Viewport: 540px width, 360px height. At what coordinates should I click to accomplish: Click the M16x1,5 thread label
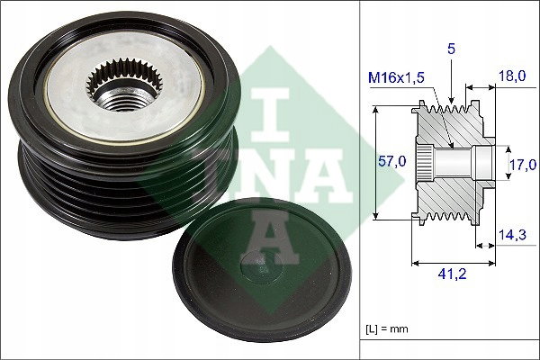pyautogui.click(x=396, y=78)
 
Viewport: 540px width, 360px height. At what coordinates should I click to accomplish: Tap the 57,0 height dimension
pyautogui.click(x=392, y=161)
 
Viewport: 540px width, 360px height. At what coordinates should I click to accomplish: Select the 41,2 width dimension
pyautogui.click(x=452, y=274)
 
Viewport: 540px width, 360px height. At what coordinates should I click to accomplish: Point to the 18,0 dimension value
pyautogui.click(x=512, y=76)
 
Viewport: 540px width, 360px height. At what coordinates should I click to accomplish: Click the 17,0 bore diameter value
pyautogui.click(x=523, y=165)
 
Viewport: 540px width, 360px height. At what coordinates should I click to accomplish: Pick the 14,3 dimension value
pyautogui.click(x=512, y=235)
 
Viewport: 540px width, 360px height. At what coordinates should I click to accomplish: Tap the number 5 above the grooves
pyautogui.click(x=451, y=49)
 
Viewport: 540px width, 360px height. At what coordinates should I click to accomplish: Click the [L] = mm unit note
pyautogui.click(x=387, y=329)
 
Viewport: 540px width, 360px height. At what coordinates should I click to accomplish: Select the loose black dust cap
pyautogui.click(x=262, y=270)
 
